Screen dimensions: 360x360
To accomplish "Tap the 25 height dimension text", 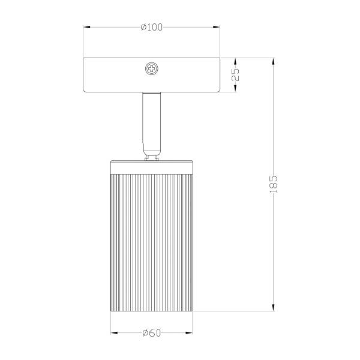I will pyautogui.click(x=236, y=75).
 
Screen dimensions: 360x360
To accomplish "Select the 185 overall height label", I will pyautogui.click(x=274, y=184).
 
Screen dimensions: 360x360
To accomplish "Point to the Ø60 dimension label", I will pyautogui.click(x=151, y=334).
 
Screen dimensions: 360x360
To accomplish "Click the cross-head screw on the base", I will pyautogui.click(x=151, y=70).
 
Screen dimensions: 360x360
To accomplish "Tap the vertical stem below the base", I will pyautogui.click(x=151, y=117).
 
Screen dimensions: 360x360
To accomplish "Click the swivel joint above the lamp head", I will pyautogui.click(x=151, y=154).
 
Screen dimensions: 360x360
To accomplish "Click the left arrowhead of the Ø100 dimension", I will pyautogui.click(x=86, y=28).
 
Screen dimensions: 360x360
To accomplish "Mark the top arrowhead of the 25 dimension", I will pyautogui.click(x=236, y=60).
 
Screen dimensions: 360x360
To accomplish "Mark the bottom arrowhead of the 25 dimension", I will pyautogui.click(x=236, y=90).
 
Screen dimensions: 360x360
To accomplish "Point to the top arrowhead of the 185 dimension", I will pyautogui.click(x=274, y=60).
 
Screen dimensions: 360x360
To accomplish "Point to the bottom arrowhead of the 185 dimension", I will pyautogui.click(x=274, y=308).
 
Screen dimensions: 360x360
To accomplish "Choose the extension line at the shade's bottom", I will pyautogui.click(x=234, y=311).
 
